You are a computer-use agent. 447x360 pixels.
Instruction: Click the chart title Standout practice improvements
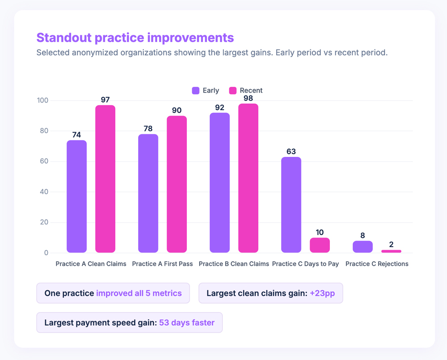pyautogui.click(x=135, y=37)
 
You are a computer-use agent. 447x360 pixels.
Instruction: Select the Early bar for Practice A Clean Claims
pyautogui.click(x=76, y=197)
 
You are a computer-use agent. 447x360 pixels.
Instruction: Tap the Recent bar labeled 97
pyautogui.click(x=105, y=179)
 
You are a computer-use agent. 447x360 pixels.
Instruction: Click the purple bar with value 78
pyautogui.click(x=148, y=193)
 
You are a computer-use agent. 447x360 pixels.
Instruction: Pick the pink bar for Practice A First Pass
pyautogui.click(x=177, y=184)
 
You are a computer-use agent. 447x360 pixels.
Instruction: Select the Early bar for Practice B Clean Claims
pyautogui.click(x=219, y=182)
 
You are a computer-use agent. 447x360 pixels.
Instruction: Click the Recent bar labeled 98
pyautogui.click(x=248, y=178)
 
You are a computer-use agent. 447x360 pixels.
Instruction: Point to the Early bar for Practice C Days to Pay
pyautogui.click(x=291, y=205)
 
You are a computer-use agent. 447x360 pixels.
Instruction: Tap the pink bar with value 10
pyautogui.click(x=320, y=245)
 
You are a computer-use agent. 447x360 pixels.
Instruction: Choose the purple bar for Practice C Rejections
pyautogui.click(x=363, y=247)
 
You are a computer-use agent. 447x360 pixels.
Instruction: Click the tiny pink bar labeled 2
pyautogui.click(x=391, y=251)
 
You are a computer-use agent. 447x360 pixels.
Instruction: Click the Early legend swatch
pyautogui.click(x=196, y=90)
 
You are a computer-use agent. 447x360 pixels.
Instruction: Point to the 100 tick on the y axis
pyautogui.click(x=42, y=100)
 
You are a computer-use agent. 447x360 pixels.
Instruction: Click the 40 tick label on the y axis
pyautogui.click(x=44, y=192)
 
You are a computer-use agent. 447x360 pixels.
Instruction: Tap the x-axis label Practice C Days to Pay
pyautogui.click(x=305, y=264)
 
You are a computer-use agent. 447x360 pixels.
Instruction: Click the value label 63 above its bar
pyautogui.click(x=291, y=152)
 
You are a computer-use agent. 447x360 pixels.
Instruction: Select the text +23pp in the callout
pyautogui.click(x=322, y=293)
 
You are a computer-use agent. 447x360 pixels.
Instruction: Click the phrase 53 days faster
pyautogui.click(x=187, y=323)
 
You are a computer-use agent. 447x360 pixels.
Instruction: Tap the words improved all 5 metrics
pyautogui.click(x=139, y=293)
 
